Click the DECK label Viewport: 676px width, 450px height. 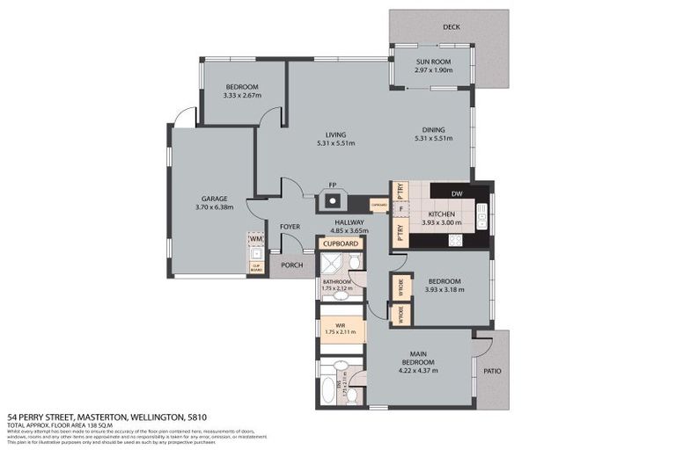pyautogui.click(x=452, y=27)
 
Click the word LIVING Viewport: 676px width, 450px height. pyautogui.click(x=335, y=134)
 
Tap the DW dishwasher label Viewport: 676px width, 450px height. pyautogui.click(x=457, y=193)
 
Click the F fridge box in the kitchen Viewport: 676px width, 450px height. pyautogui.click(x=400, y=209)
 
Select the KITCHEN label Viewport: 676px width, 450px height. pyautogui.click(x=440, y=214)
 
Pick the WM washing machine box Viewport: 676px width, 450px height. pyautogui.click(x=256, y=238)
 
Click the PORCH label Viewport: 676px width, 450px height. pyautogui.click(x=291, y=265)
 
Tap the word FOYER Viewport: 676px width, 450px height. pyautogui.click(x=290, y=227)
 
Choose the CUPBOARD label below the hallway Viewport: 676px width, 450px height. pyautogui.click(x=340, y=243)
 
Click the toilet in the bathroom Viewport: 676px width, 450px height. pyautogui.click(x=353, y=263)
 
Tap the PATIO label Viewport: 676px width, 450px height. pyautogui.click(x=492, y=371)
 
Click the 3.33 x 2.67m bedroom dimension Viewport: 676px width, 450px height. pyautogui.click(x=241, y=95)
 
